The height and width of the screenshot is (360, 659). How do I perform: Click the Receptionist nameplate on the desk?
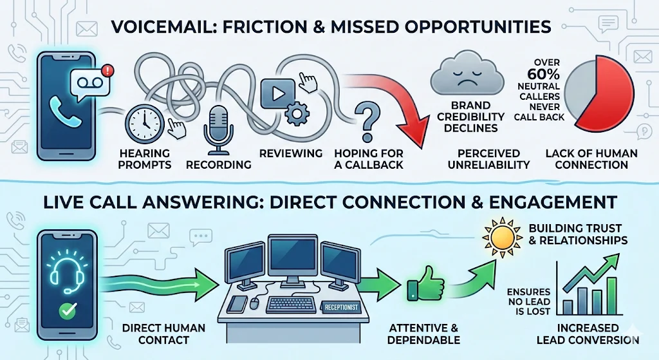pos(339,308)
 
